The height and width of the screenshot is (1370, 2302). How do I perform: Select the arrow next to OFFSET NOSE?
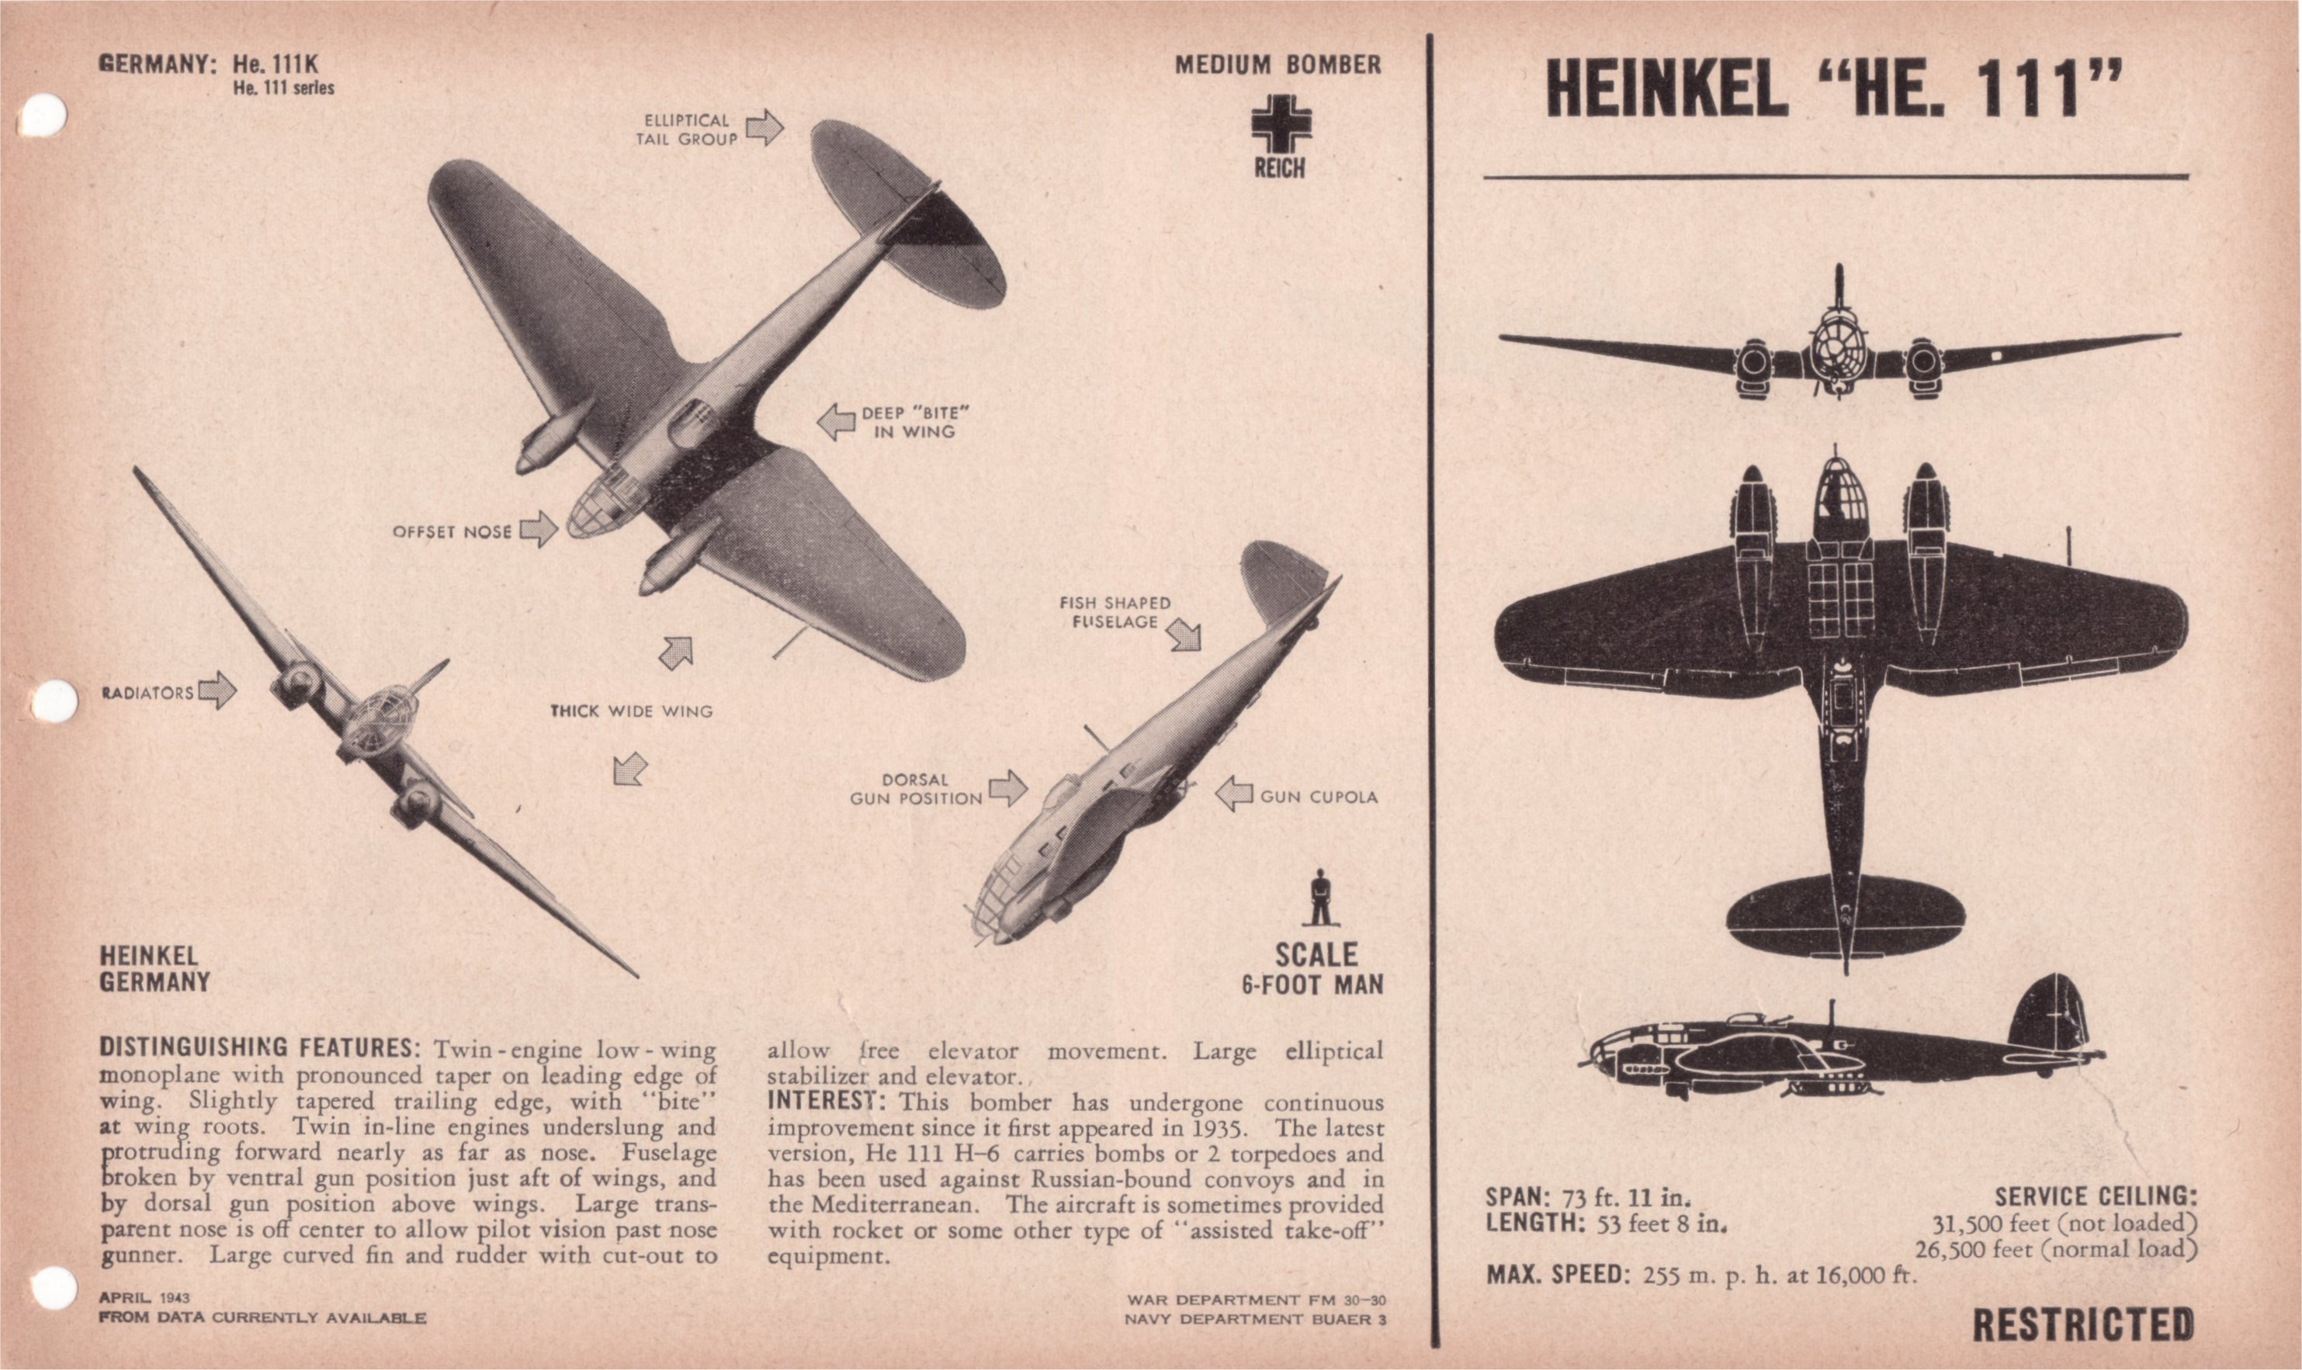tap(539, 530)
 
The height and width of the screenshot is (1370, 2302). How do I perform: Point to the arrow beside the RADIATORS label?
tap(218, 690)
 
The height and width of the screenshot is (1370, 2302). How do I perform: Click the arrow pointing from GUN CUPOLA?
tap(1233, 794)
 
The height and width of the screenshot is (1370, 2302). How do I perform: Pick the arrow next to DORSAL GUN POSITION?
tap(1007, 788)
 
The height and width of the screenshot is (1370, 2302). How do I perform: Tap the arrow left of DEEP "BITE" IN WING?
tap(837, 422)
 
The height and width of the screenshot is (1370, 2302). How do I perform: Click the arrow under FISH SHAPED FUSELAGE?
tap(1184, 635)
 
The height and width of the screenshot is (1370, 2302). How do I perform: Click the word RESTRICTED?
tap(2083, 1325)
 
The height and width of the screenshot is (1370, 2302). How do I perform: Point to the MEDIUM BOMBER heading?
tap(1278, 64)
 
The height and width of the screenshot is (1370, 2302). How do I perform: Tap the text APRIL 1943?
tap(144, 1298)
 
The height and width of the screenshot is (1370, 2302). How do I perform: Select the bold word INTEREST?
tap(827, 1102)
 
